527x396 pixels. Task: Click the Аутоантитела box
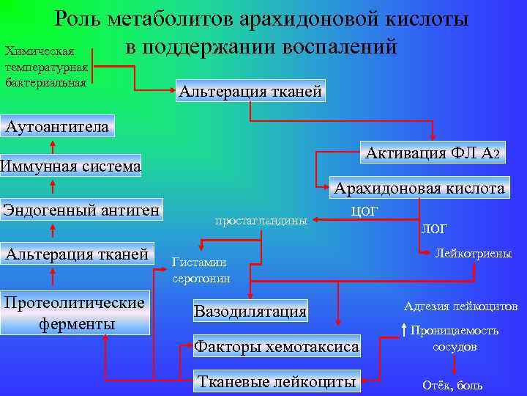tap(56, 126)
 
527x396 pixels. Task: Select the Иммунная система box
tap(70, 166)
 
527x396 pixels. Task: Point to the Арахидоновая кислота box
tap(419, 188)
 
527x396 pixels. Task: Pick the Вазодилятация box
tap(250, 311)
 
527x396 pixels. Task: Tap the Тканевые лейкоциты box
tap(277, 381)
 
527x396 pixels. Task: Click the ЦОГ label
tap(365, 211)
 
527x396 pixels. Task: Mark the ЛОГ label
tap(433, 228)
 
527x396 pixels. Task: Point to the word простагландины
tap(261, 219)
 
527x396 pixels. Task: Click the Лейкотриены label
tap(473, 254)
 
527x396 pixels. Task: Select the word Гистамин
tap(198, 263)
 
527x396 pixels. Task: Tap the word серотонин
tap(201, 278)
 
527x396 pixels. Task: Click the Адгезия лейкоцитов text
tap(460, 306)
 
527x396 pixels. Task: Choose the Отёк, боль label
tap(452, 385)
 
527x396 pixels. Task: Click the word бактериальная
tap(45, 81)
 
